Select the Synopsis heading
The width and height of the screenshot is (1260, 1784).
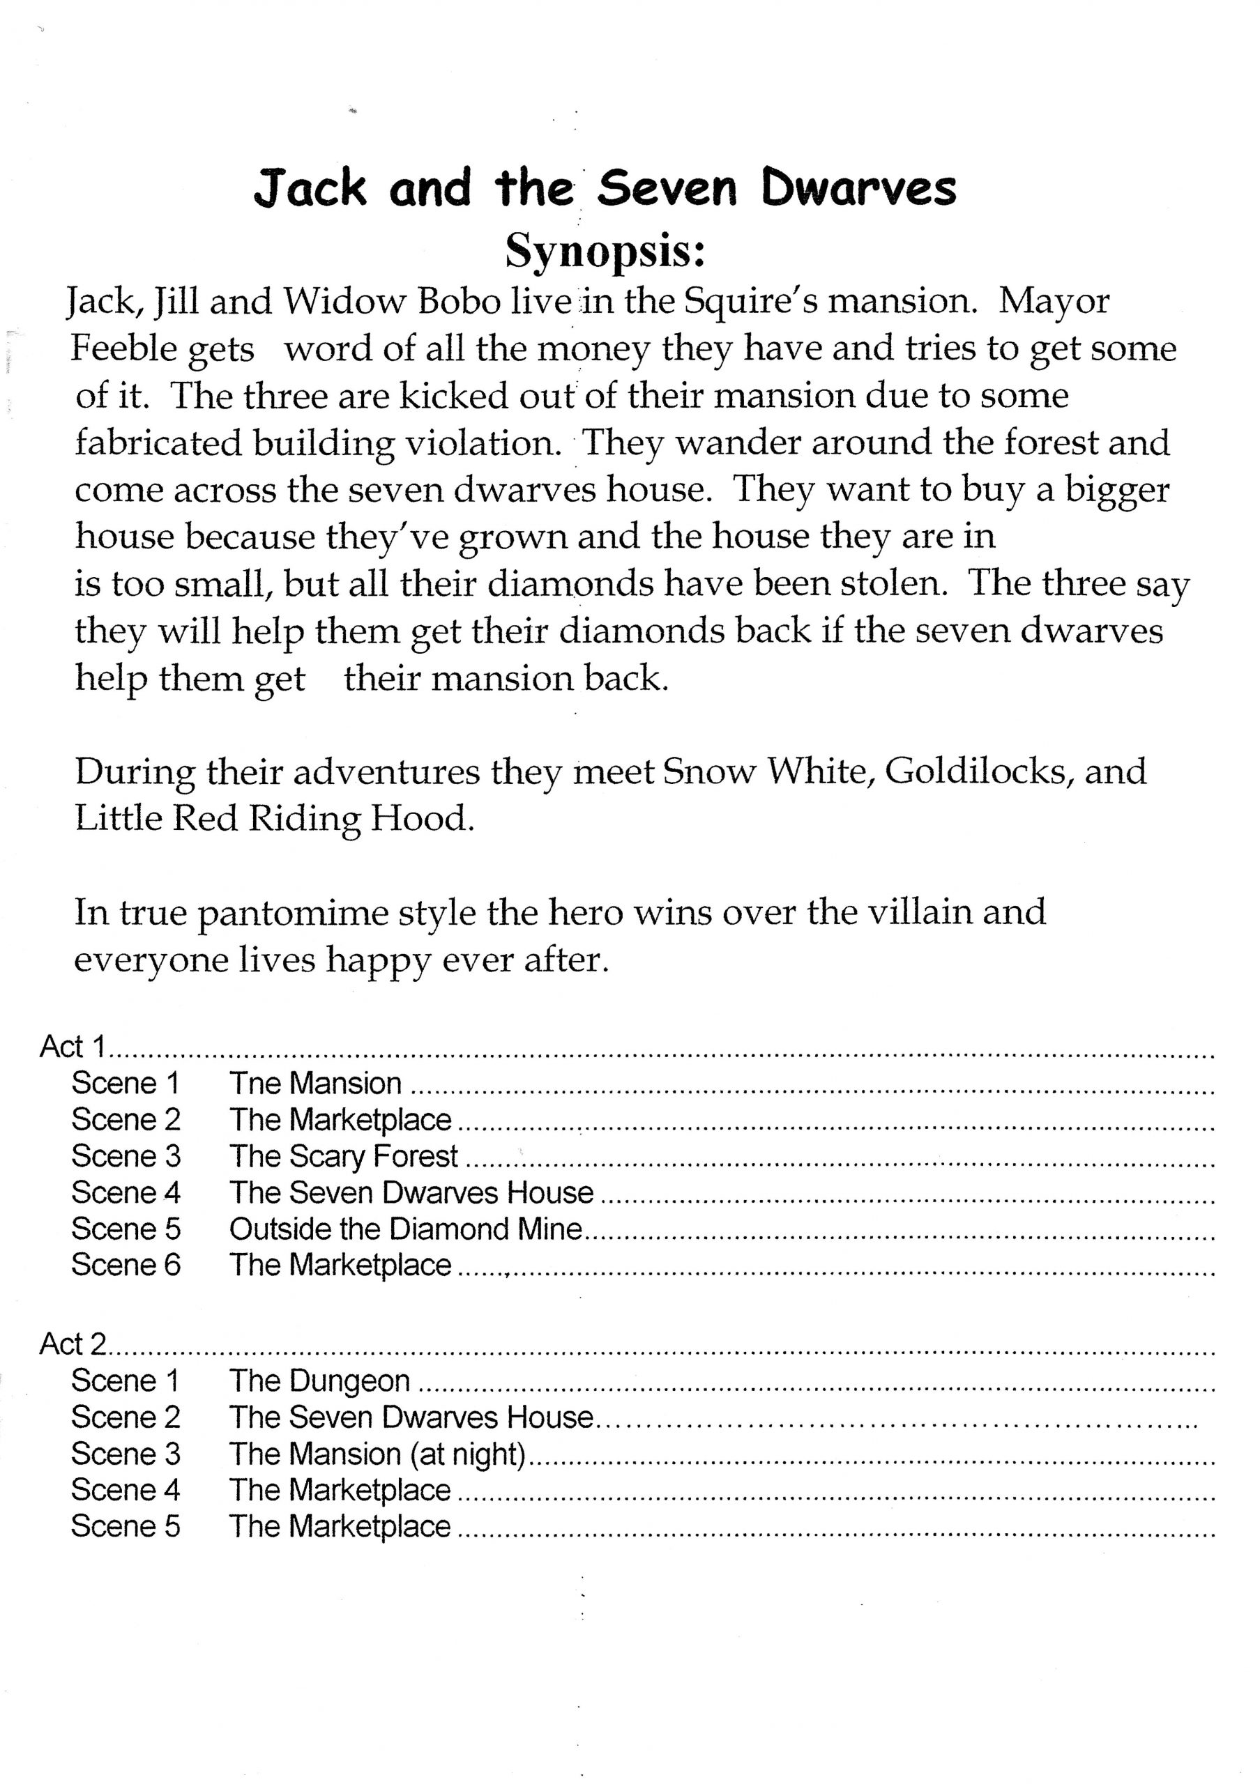605,251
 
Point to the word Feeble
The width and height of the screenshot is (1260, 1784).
122,349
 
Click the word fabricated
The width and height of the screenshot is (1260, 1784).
158,444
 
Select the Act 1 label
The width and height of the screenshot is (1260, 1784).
73,1047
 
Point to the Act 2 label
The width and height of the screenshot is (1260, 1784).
73,1344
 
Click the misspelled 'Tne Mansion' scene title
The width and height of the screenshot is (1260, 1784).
314,1083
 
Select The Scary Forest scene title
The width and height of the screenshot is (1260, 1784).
343,1156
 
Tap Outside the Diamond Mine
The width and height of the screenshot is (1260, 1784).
405,1229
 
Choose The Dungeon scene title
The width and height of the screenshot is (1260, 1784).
319,1381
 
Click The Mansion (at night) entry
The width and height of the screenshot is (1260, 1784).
378,1454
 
